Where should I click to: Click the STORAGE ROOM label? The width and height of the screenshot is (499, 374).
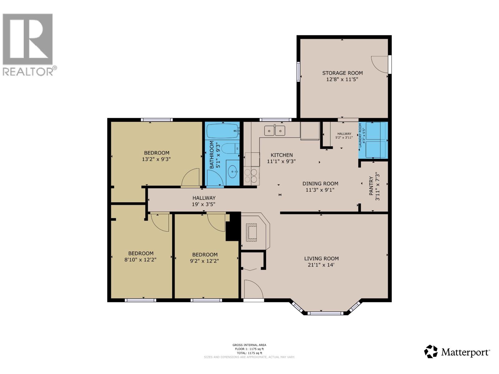click(x=342, y=73)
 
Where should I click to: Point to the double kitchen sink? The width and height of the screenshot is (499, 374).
click(x=275, y=130)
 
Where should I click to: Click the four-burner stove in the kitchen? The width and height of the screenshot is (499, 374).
click(x=251, y=175)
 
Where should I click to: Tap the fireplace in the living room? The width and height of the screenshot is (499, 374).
click(x=251, y=233)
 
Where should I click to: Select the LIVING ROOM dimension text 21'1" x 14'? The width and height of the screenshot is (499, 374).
click(x=321, y=265)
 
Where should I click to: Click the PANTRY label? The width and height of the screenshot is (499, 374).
click(x=371, y=186)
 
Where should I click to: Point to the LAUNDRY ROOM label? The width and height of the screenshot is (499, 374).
click(x=360, y=135)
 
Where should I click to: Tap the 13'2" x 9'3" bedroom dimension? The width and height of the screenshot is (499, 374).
click(x=156, y=159)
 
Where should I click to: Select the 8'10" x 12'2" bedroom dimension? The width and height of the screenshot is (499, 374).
click(x=141, y=259)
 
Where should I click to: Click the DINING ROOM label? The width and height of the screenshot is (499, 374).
click(x=320, y=184)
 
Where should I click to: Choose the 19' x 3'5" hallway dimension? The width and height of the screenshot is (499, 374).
click(x=204, y=204)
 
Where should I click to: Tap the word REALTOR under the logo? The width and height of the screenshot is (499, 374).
click(x=28, y=72)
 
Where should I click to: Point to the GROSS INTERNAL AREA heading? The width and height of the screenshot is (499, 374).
click(x=249, y=345)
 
